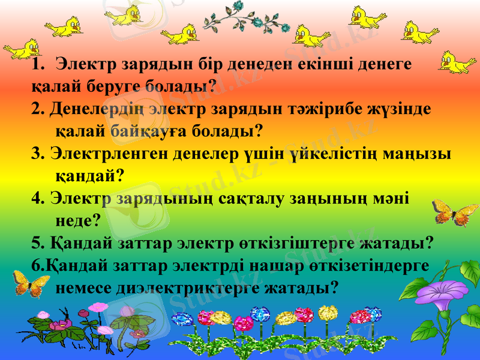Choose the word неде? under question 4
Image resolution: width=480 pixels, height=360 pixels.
click(x=77, y=220)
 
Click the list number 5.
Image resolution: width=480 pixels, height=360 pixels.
click(x=38, y=243)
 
